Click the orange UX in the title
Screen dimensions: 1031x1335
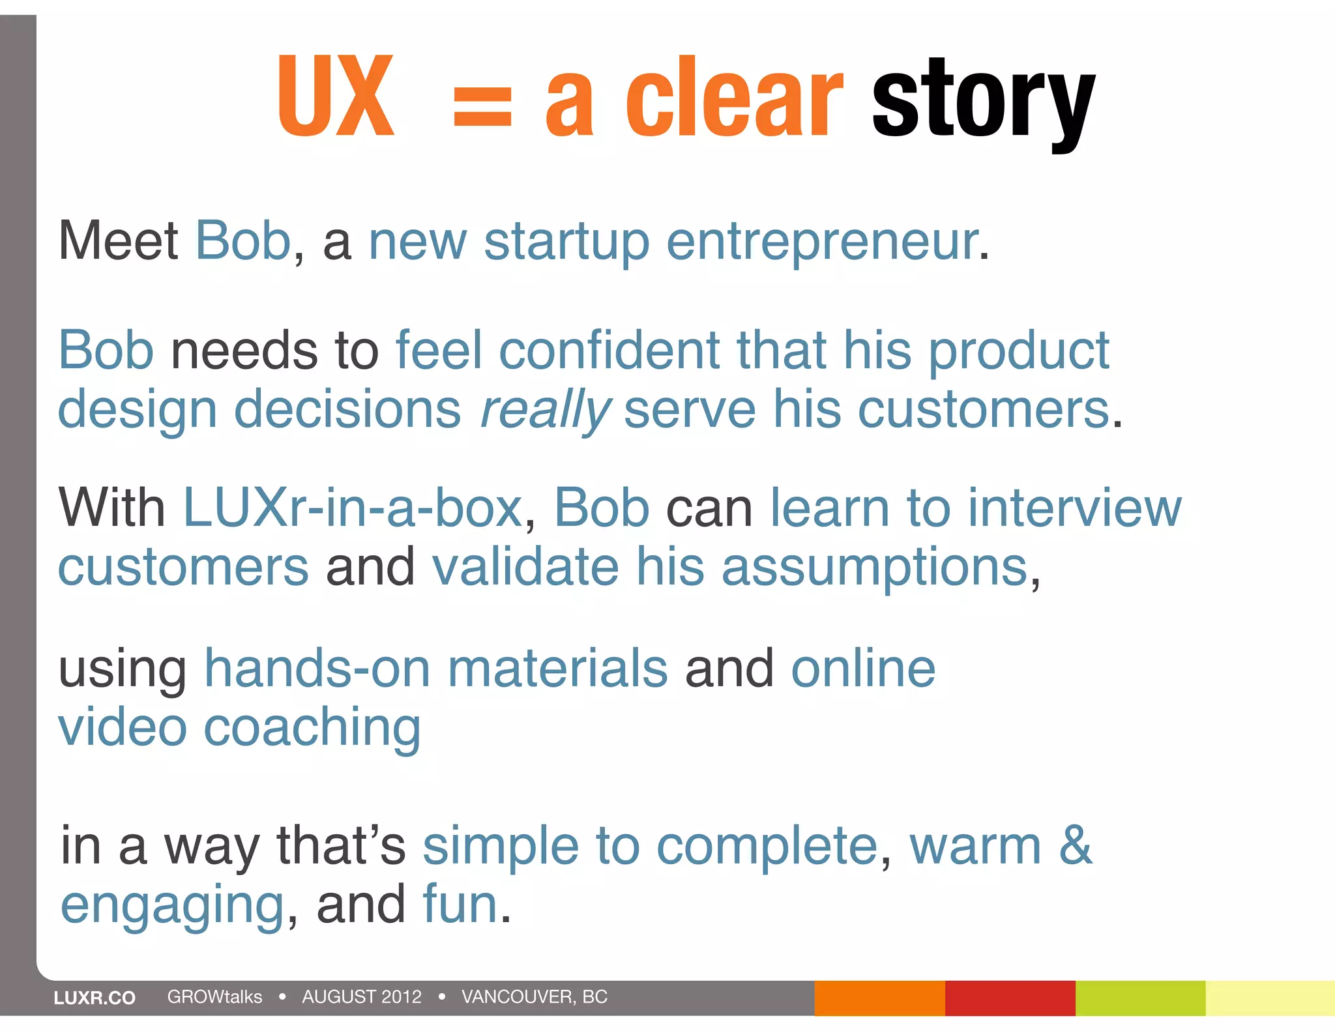click(336, 96)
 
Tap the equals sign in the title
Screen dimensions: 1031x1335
click(482, 108)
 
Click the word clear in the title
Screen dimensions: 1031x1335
click(733, 98)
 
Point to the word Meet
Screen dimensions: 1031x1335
click(118, 240)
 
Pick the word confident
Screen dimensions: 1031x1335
click(609, 350)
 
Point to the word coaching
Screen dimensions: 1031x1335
click(312, 728)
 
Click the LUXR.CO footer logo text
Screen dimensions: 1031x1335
click(95, 998)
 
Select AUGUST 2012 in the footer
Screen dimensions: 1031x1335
click(362, 996)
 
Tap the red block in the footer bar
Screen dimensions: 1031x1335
click(1010, 998)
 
